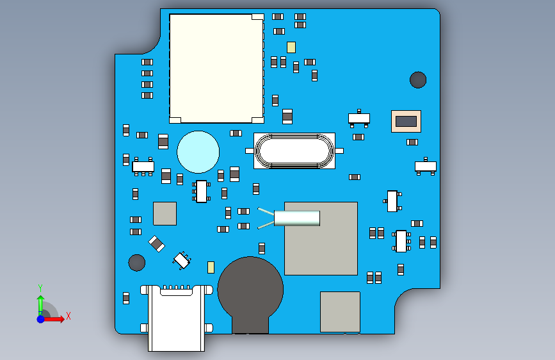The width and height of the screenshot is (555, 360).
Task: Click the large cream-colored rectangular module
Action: point(216,69)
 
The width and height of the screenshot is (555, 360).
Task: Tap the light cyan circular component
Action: point(198,152)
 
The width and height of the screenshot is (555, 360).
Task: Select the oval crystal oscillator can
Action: point(294,151)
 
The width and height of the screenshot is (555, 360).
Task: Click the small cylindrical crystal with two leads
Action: point(289,218)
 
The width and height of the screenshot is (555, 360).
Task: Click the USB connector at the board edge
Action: point(176,317)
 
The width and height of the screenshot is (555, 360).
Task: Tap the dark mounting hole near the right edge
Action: point(418,79)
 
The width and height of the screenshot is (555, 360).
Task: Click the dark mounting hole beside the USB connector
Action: point(136,263)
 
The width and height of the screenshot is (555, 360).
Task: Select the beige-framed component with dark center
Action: point(406,121)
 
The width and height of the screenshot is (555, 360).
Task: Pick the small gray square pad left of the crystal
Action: point(165,214)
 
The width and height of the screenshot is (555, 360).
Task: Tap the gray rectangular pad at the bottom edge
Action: point(340,312)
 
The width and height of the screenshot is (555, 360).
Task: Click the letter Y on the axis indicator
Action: point(40,288)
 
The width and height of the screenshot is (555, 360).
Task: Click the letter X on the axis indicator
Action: point(68,316)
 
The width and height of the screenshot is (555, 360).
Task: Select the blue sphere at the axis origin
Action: point(41,319)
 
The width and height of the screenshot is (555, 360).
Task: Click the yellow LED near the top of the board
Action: point(291,47)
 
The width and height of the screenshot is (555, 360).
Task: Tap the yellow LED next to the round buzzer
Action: point(211,267)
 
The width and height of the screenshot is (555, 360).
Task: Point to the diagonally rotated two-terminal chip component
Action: point(156,243)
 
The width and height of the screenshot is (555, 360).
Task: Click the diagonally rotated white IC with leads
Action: point(182,261)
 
